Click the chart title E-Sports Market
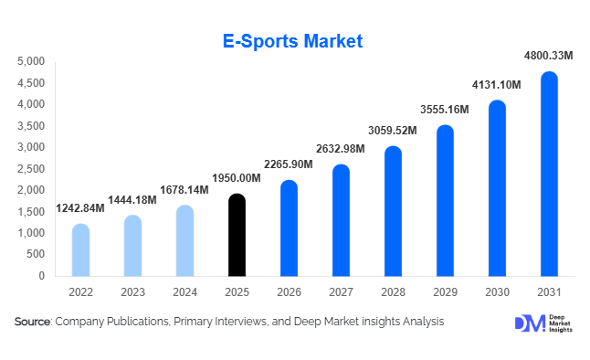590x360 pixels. pos(293,41)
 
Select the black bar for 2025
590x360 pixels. pos(237,236)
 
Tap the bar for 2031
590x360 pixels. pos(549,175)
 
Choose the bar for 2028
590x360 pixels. pos(393,211)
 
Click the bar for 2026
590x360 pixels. pos(289,228)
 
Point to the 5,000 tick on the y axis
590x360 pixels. pos(30,61)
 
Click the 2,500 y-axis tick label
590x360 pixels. pos(30,169)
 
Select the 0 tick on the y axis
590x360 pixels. pos(40,276)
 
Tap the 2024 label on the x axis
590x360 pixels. pos(184,291)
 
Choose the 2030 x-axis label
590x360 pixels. pos(497,291)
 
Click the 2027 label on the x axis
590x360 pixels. pos(341,291)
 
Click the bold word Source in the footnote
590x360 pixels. pos(33,322)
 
